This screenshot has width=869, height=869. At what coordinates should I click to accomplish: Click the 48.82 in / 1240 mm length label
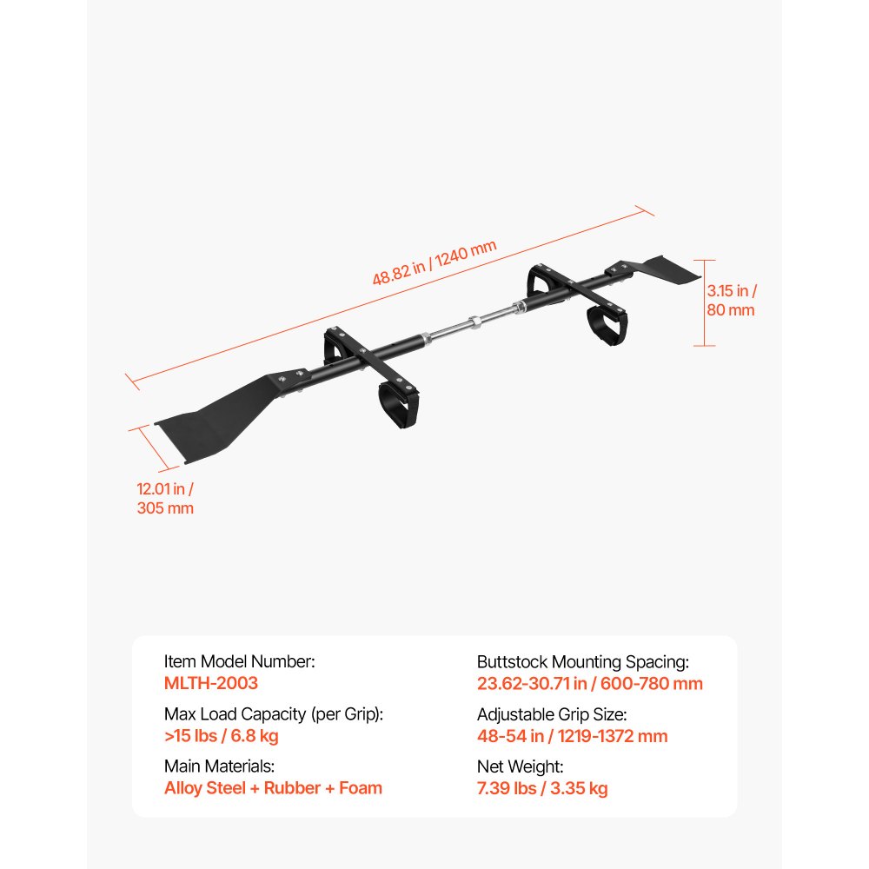pyautogui.click(x=434, y=262)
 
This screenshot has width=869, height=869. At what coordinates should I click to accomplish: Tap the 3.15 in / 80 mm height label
pyautogui.click(x=731, y=301)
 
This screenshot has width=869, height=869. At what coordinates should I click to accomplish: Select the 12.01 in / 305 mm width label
pyautogui.click(x=165, y=498)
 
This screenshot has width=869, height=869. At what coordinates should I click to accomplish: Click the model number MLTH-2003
pyautogui.click(x=211, y=683)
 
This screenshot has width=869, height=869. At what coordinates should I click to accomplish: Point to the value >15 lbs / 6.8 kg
pyautogui.click(x=221, y=735)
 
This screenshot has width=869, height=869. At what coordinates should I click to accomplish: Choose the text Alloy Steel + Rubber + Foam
pyautogui.click(x=273, y=787)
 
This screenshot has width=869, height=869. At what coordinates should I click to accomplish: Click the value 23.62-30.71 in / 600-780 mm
pyautogui.click(x=590, y=683)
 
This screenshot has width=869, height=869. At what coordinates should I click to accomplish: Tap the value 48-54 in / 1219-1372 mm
pyautogui.click(x=572, y=736)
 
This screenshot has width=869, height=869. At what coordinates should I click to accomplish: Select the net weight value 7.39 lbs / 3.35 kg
pyautogui.click(x=542, y=788)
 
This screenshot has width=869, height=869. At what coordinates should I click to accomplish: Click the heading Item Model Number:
pyautogui.click(x=240, y=661)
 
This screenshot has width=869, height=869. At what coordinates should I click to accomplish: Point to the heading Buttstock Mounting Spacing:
pyautogui.click(x=582, y=661)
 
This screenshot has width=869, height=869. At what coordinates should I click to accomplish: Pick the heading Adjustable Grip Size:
pyautogui.click(x=552, y=714)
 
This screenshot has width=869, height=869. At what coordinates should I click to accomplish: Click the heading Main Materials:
pyautogui.click(x=220, y=766)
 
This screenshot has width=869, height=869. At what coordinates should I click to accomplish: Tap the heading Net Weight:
pyautogui.click(x=520, y=766)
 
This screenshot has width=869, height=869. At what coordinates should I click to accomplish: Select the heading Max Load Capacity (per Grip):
pyautogui.click(x=274, y=713)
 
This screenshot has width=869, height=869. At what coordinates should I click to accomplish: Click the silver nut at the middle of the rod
pyautogui.click(x=474, y=322)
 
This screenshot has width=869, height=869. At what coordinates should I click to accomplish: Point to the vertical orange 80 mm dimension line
pyautogui.click(x=705, y=302)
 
